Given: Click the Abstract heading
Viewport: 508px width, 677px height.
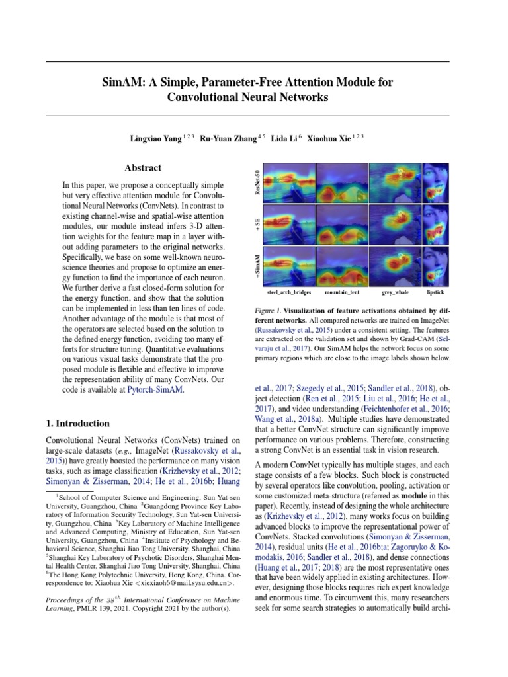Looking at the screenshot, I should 143,168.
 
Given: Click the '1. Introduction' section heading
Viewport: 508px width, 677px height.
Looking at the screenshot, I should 77,423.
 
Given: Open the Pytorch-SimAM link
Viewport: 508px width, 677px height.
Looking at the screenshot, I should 155,391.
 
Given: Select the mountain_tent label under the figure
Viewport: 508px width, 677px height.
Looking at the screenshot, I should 342,292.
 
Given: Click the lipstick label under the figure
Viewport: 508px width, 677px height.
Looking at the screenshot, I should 435,292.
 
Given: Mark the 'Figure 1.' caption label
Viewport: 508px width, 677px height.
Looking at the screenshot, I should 268,311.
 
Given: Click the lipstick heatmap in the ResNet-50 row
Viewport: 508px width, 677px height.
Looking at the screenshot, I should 436,182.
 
